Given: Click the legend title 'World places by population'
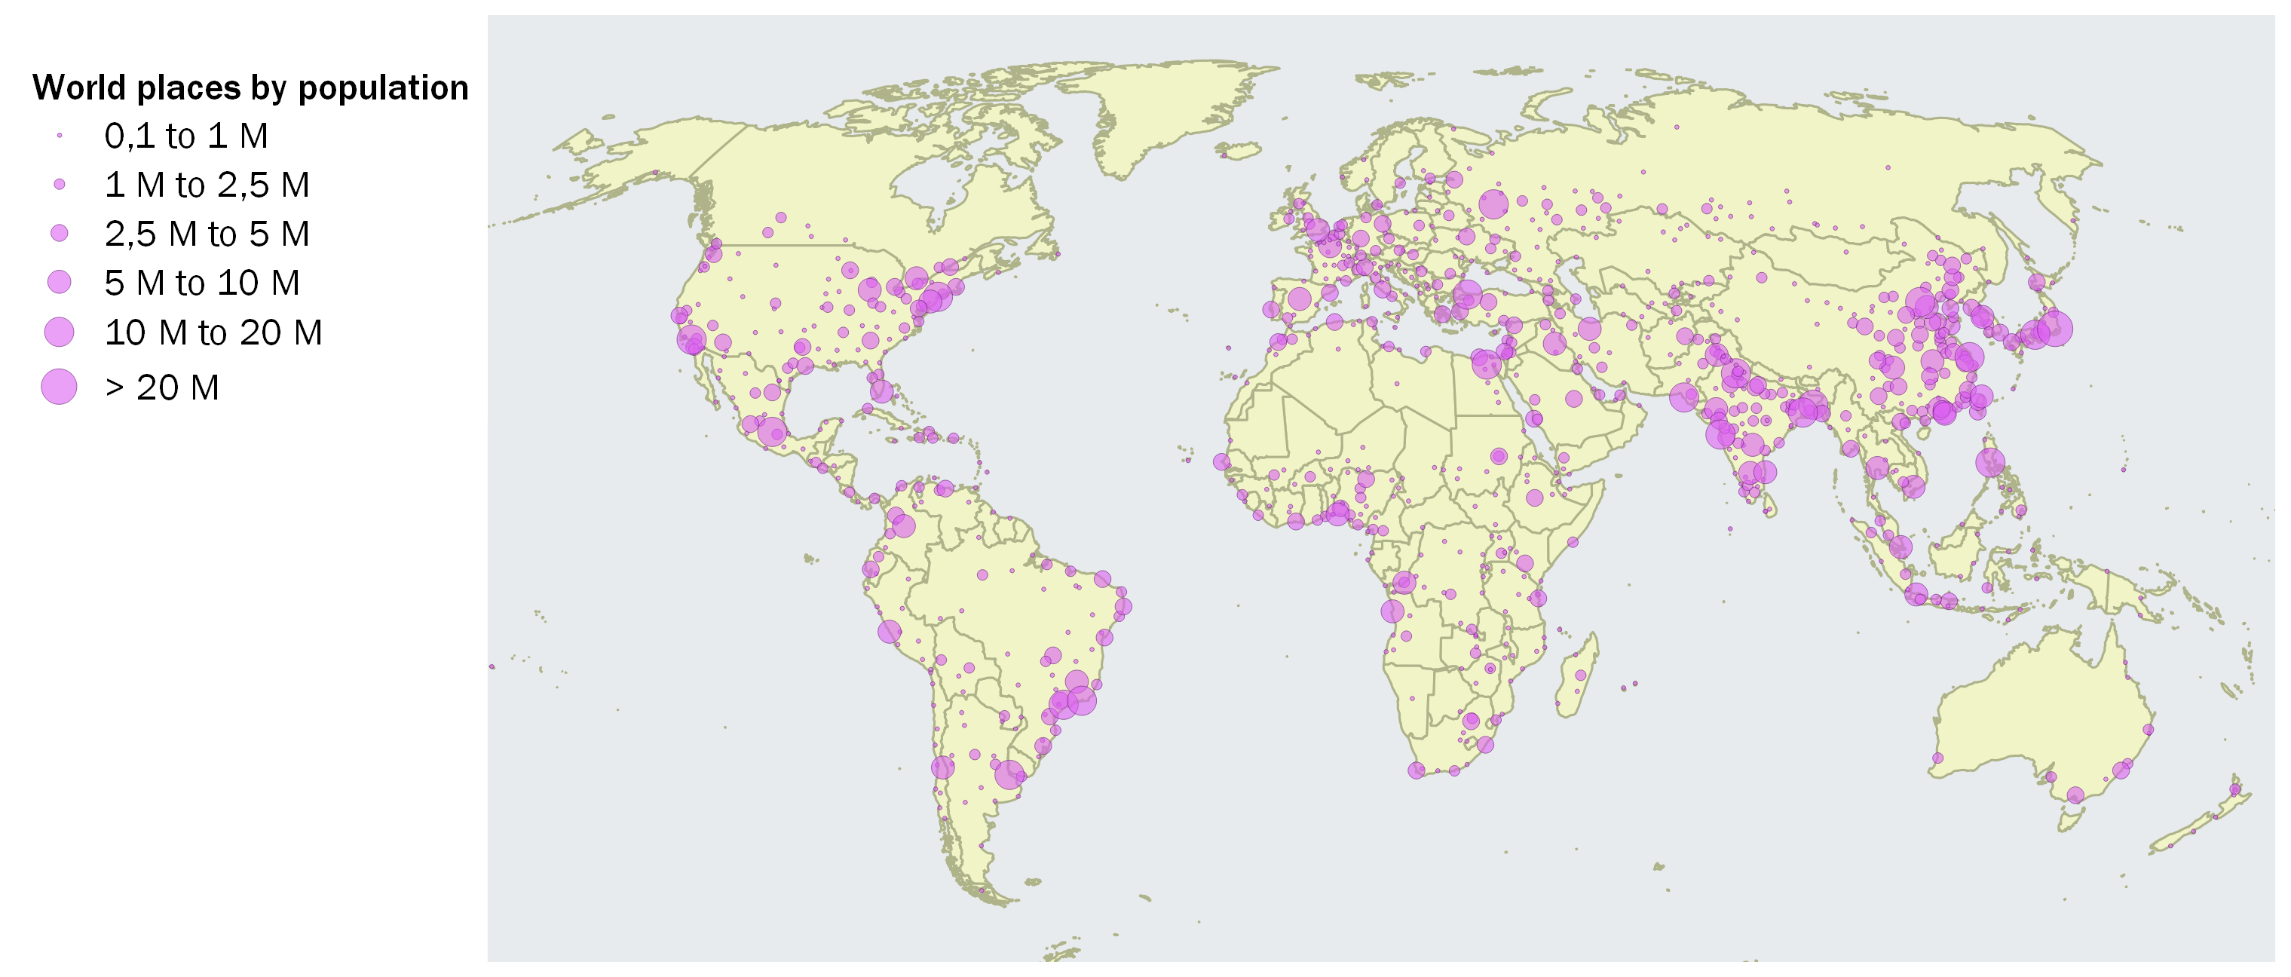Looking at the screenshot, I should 250,88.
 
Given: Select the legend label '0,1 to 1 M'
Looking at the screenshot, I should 186,136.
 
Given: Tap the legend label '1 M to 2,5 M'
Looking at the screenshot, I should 207,185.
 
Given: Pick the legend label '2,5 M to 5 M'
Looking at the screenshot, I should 207,234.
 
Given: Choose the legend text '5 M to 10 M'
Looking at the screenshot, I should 202,283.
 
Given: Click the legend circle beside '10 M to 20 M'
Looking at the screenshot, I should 59,332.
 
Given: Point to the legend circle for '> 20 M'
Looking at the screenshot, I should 59,387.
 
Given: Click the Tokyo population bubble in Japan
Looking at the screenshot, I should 2054,328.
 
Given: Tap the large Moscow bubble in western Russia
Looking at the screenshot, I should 1493,204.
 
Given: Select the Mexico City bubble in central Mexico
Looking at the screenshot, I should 772,432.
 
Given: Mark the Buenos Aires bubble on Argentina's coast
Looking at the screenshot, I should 1009,774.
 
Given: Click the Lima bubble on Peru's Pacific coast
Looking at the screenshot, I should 890,632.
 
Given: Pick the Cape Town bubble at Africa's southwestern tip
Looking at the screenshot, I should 1417,770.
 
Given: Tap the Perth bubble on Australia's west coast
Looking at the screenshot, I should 1938,758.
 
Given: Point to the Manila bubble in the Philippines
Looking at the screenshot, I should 1990,462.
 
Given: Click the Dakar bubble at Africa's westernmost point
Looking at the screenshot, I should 1221,461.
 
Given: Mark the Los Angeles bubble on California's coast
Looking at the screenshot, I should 691,338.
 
